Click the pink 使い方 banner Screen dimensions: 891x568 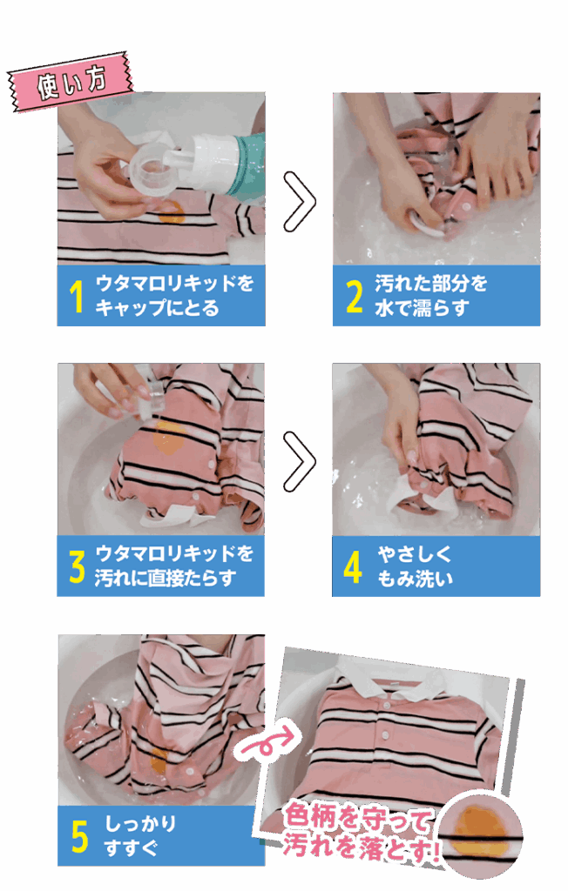coord(71,84)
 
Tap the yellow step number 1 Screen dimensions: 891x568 coord(77,297)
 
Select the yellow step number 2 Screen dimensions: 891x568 coord(354,297)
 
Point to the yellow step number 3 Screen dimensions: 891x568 coord(78,566)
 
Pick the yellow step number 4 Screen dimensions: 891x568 coord(353,566)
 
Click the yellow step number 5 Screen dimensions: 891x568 coord(79,836)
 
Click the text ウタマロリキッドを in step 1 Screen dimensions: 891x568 coord(174,284)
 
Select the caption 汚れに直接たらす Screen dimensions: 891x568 coord(166,578)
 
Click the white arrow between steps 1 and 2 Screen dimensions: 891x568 coord(299,201)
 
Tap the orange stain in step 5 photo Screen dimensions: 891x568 coord(159,759)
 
